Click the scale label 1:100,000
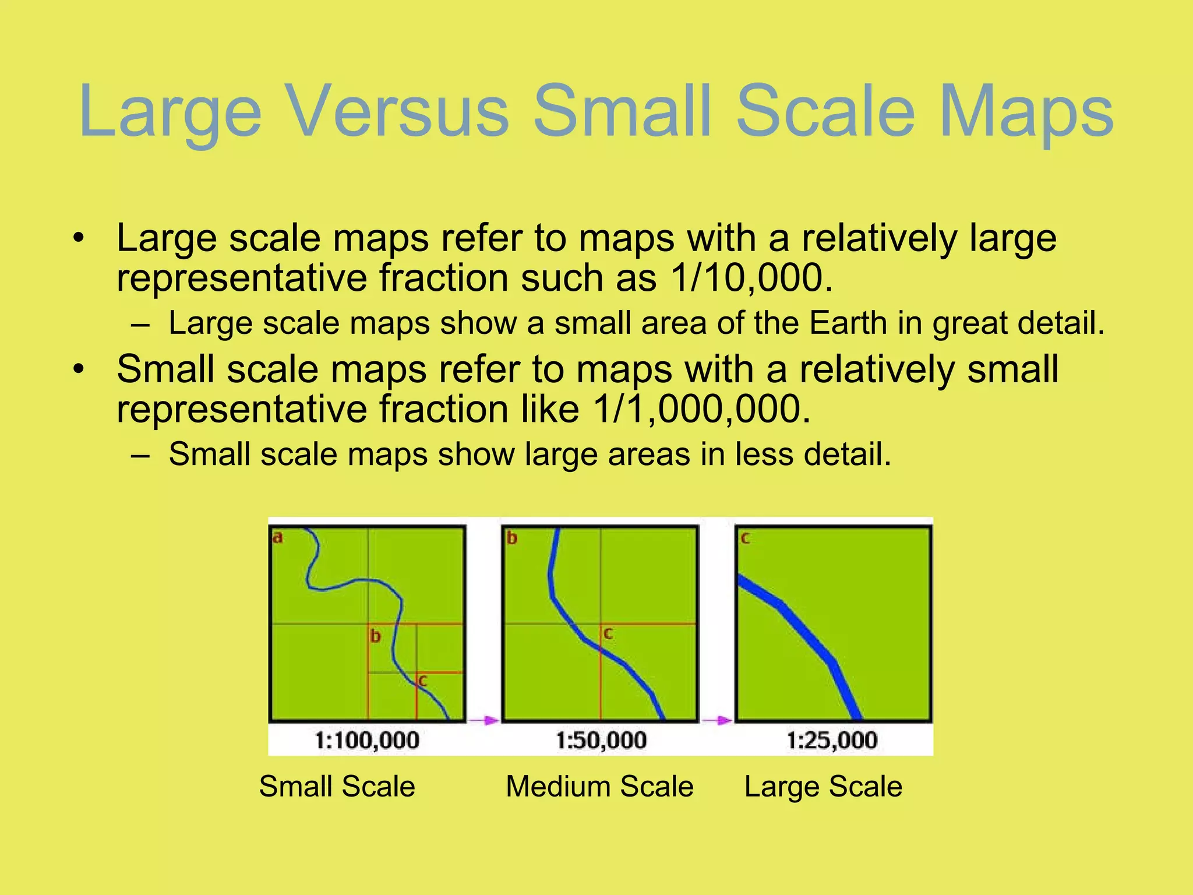(x=367, y=741)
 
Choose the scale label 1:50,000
(x=601, y=741)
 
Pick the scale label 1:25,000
(x=832, y=741)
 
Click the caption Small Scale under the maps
(x=337, y=787)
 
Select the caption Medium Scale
(x=599, y=787)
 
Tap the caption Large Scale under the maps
(x=823, y=787)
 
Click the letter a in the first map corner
(x=278, y=537)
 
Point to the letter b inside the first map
(x=376, y=636)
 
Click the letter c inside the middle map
(x=608, y=633)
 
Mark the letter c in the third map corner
(x=745, y=538)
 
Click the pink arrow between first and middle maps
(x=483, y=721)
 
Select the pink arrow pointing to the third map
(x=717, y=721)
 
